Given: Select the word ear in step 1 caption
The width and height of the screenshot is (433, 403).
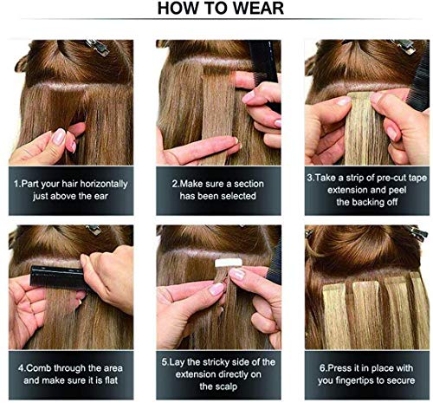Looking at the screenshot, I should pos(118,199).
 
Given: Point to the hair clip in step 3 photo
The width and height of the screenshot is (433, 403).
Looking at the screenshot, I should pos(402,46).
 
